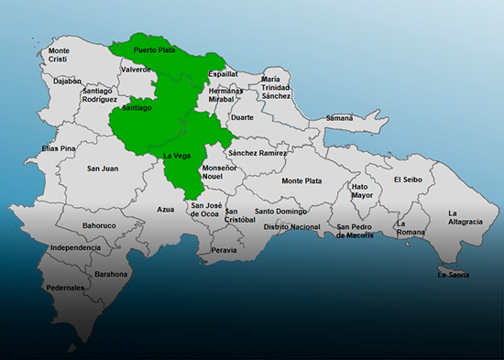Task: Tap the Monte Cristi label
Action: pos(59,54)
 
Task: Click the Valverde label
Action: pos(136,69)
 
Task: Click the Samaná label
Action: pos(338,118)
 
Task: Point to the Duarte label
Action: pos(242,117)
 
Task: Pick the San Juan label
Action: pos(103,168)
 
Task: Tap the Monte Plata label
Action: pos(301,180)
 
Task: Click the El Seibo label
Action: pos(409,180)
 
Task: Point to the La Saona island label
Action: pos(453,274)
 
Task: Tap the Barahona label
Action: pos(111,273)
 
